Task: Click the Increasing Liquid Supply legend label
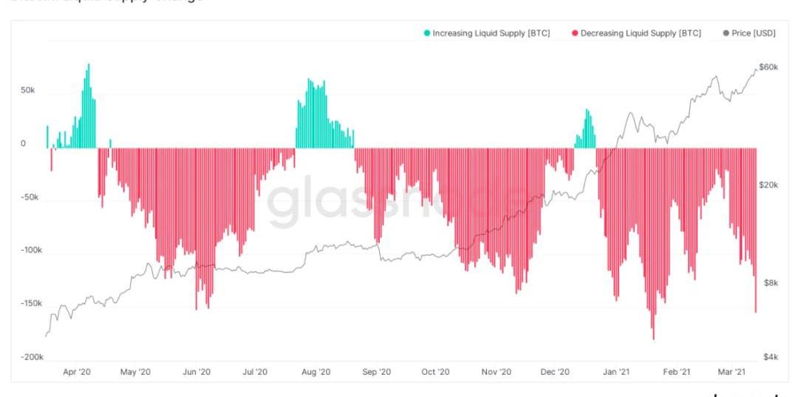pos(491,33)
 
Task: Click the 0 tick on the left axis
pos(23,144)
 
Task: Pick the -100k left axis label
pos(32,251)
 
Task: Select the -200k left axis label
pos(32,357)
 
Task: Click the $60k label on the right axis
pos(769,67)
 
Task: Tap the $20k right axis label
pos(769,185)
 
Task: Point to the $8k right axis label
pos(771,283)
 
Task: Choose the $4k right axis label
pos(771,357)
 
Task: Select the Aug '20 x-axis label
pos(316,372)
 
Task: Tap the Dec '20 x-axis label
pos(555,372)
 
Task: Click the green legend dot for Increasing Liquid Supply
pos(426,33)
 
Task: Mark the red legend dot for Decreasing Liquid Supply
pos(575,33)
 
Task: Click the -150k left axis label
pos(32,304)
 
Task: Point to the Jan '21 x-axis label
pos(616,372)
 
